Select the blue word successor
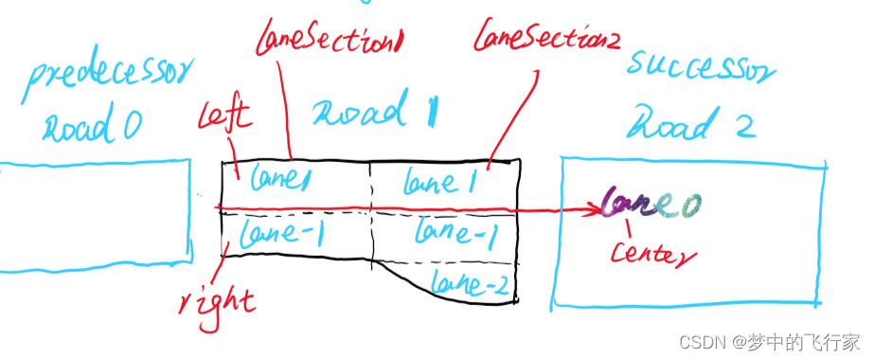(x=701, y=68)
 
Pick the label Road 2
(x=694, y=123)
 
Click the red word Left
(x=223, y=117)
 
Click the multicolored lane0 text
(x=652, y=202)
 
